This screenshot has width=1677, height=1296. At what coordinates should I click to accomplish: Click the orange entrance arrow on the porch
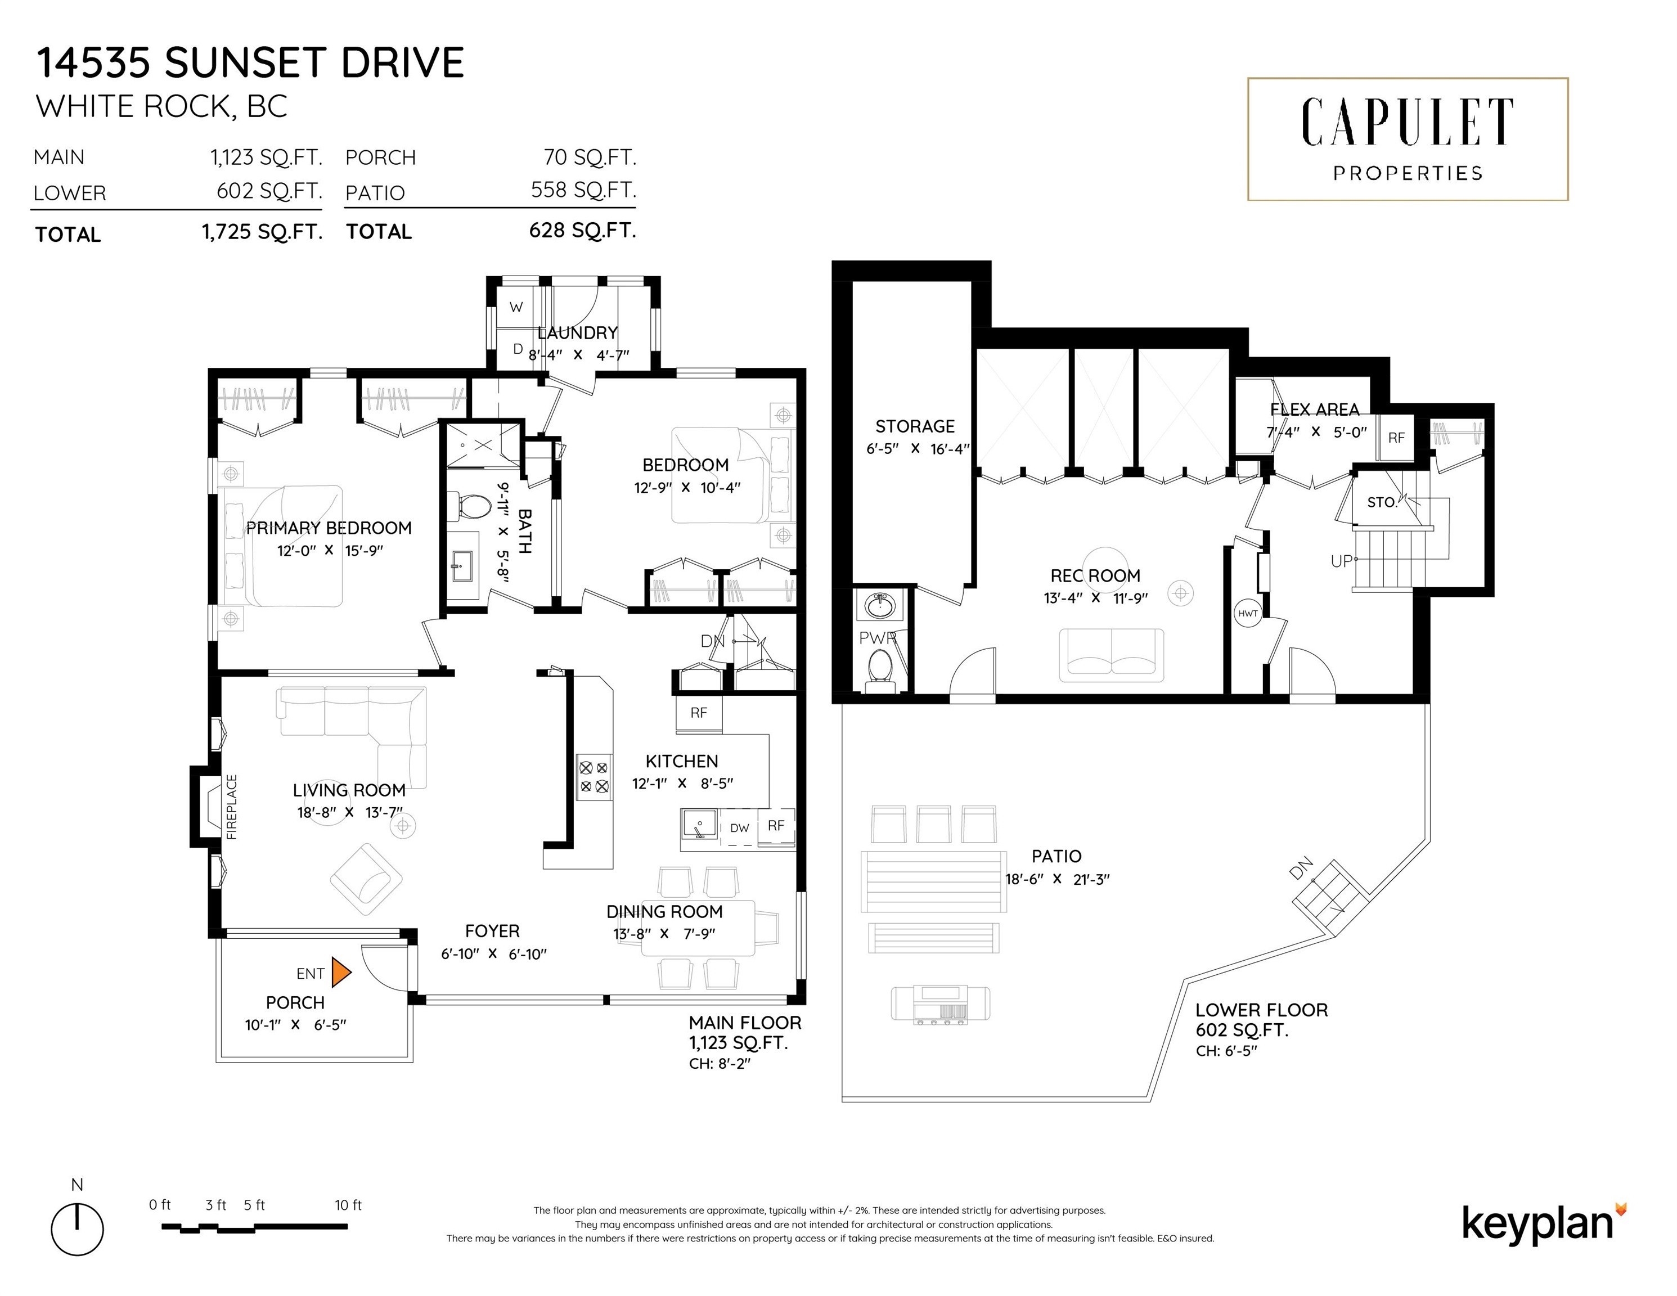(x=341, y=972)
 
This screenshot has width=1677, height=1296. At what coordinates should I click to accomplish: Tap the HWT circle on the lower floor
(x=1248, y=614)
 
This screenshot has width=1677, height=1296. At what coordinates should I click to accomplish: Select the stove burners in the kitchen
(x=594, y=776)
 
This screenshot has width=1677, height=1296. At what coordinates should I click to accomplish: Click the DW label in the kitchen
(x=739, y=827)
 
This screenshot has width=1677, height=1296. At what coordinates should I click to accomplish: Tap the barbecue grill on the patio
(x=941, y=1004)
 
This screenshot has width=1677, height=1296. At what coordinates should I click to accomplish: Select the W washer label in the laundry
(x=516, y=308)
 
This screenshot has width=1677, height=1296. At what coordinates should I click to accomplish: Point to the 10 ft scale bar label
(x=348, y=1205)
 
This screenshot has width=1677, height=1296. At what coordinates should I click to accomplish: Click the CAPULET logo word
(x=1407, y=123)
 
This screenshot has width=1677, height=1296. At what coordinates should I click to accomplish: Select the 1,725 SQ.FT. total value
(x=262, y=232)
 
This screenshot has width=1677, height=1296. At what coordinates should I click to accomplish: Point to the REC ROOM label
(x=1095, y=576)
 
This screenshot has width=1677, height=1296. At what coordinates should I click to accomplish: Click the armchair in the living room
(x=366, y=879)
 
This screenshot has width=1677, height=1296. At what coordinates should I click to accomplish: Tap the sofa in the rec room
(x=1111, y=655)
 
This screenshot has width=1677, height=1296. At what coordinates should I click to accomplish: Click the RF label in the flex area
(x=1396, y=438)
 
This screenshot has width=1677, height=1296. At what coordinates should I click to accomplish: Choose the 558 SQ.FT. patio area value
(x=583, y=190)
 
